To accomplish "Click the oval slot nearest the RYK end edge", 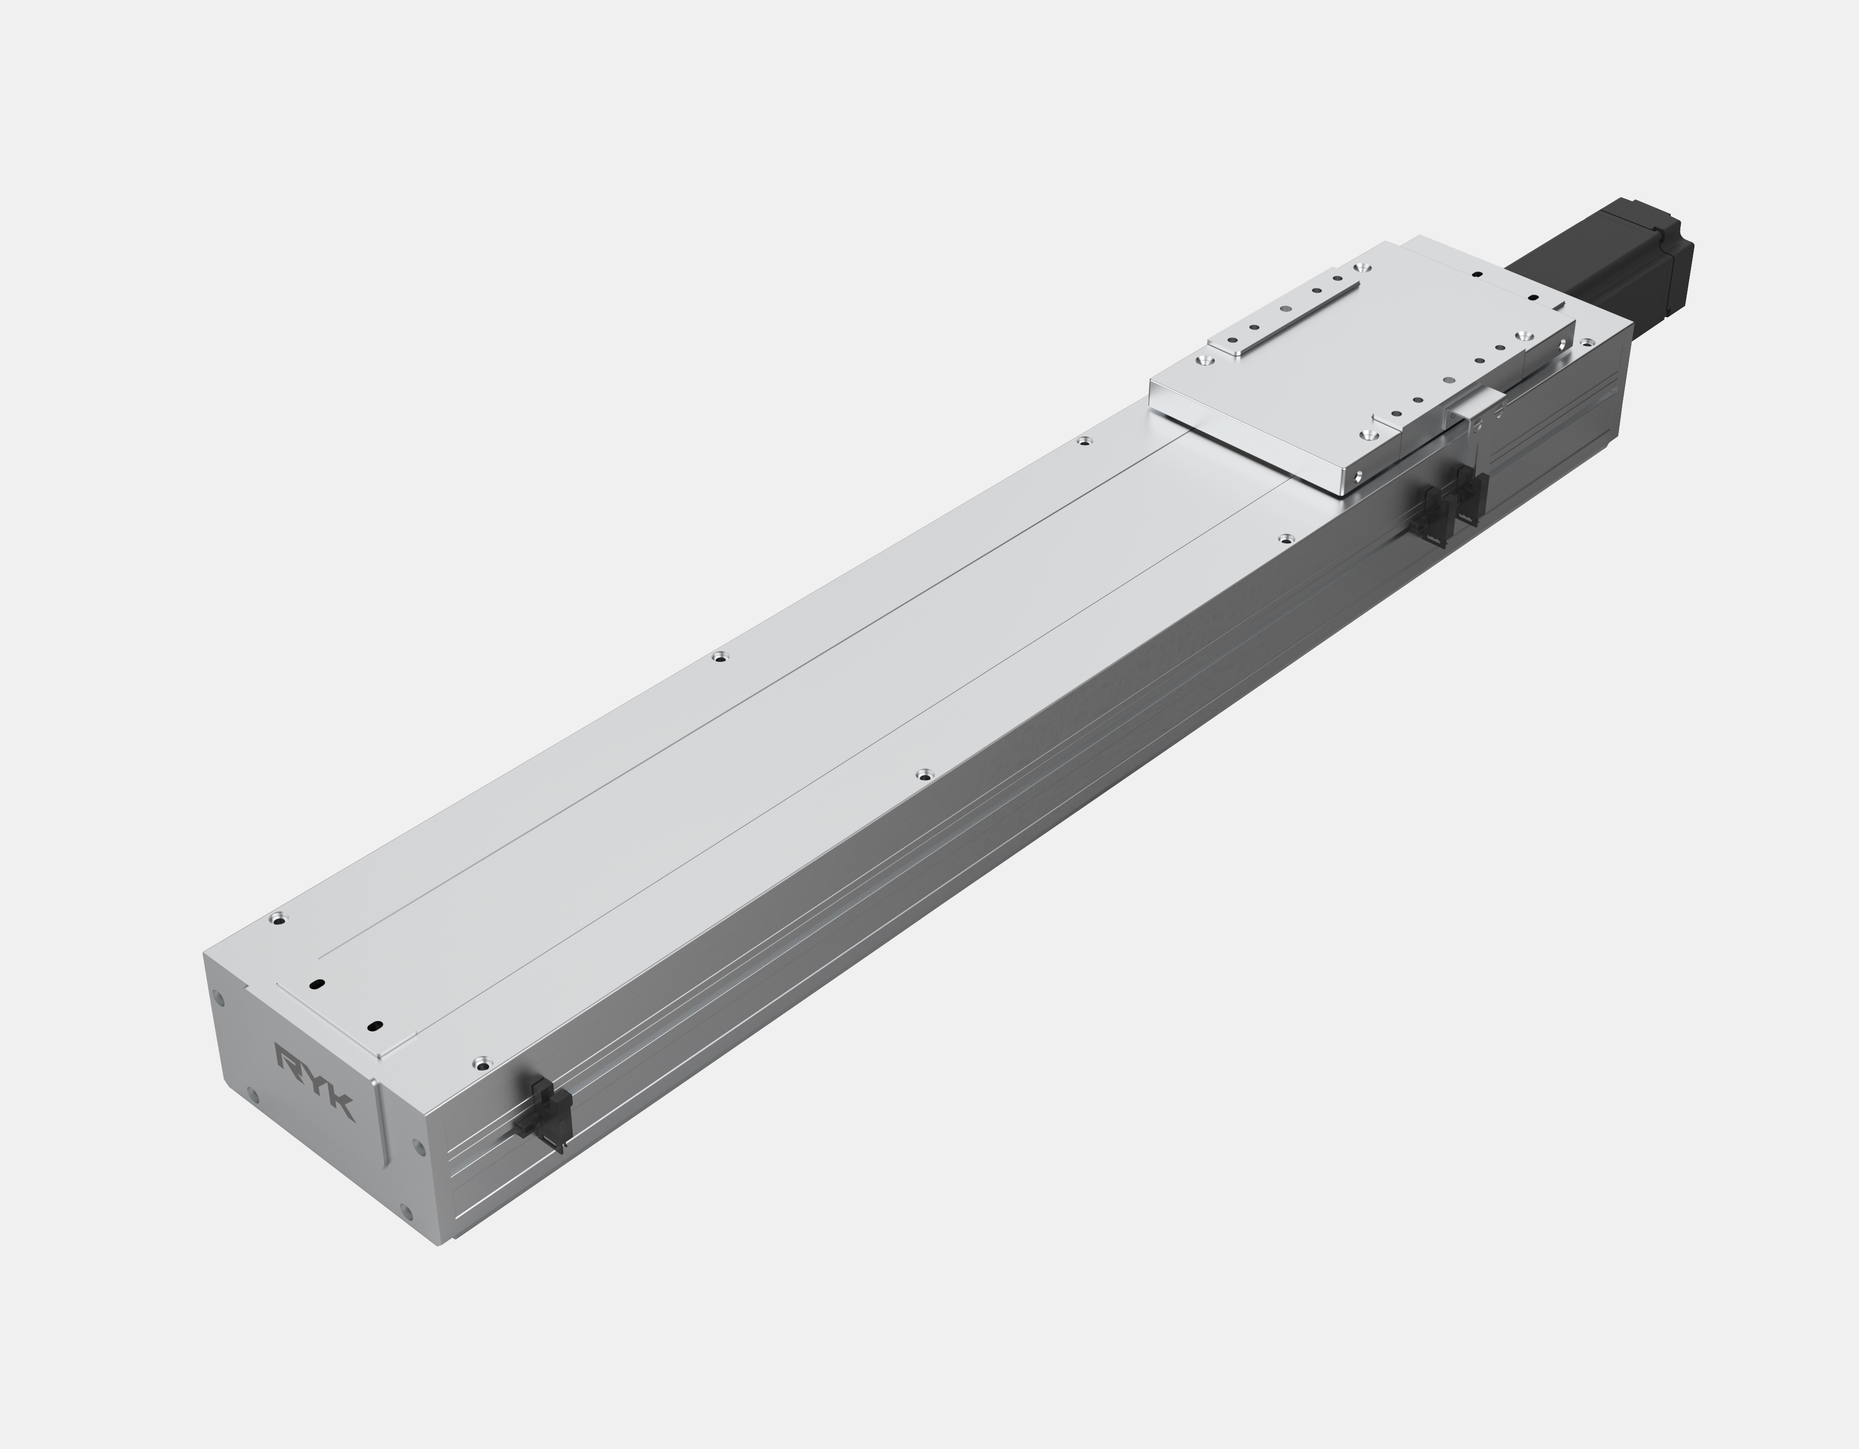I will click(317, 983).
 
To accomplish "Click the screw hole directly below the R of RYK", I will click(252, 1095).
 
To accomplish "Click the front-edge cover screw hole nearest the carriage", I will click(1285, 538).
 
